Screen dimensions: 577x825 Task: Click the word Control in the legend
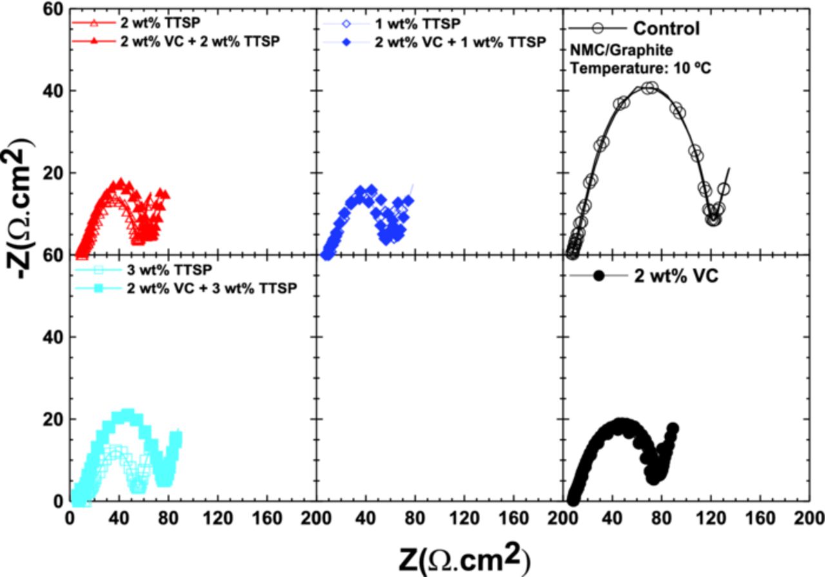click(666, 28)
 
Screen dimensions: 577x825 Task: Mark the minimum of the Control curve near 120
click(713, 219)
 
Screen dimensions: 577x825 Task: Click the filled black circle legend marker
click(598, 276)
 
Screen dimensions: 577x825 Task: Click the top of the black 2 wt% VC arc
click(621, 424)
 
